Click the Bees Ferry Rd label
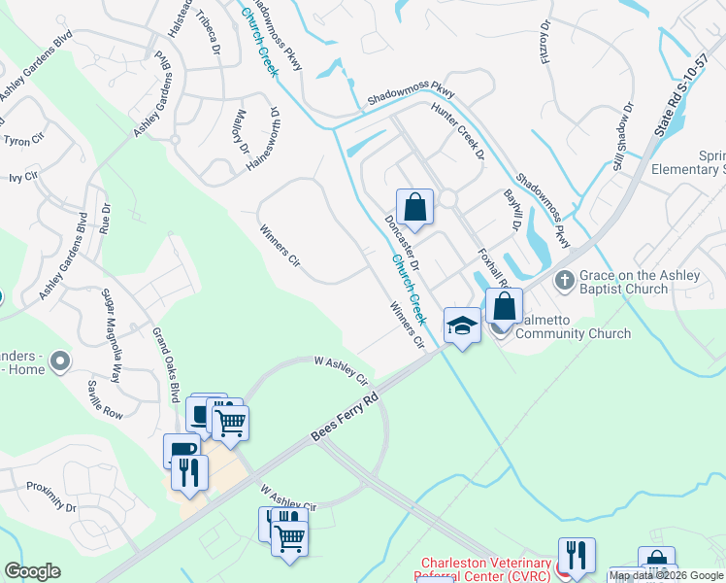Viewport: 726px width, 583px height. tap(345, 417)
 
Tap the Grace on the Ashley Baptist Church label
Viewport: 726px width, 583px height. tap(640, 282)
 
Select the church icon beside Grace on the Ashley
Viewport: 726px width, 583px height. tap(565, 280)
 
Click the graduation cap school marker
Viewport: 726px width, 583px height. tap(463, 326)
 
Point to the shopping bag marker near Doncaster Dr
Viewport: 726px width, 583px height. tap(414, 207)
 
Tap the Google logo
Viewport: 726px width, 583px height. tap(32, 571)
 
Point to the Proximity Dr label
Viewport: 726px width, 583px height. tap(50, 496)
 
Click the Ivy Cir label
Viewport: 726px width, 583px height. tap(22, 178)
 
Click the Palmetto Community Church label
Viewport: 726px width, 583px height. tap(573, 333)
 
